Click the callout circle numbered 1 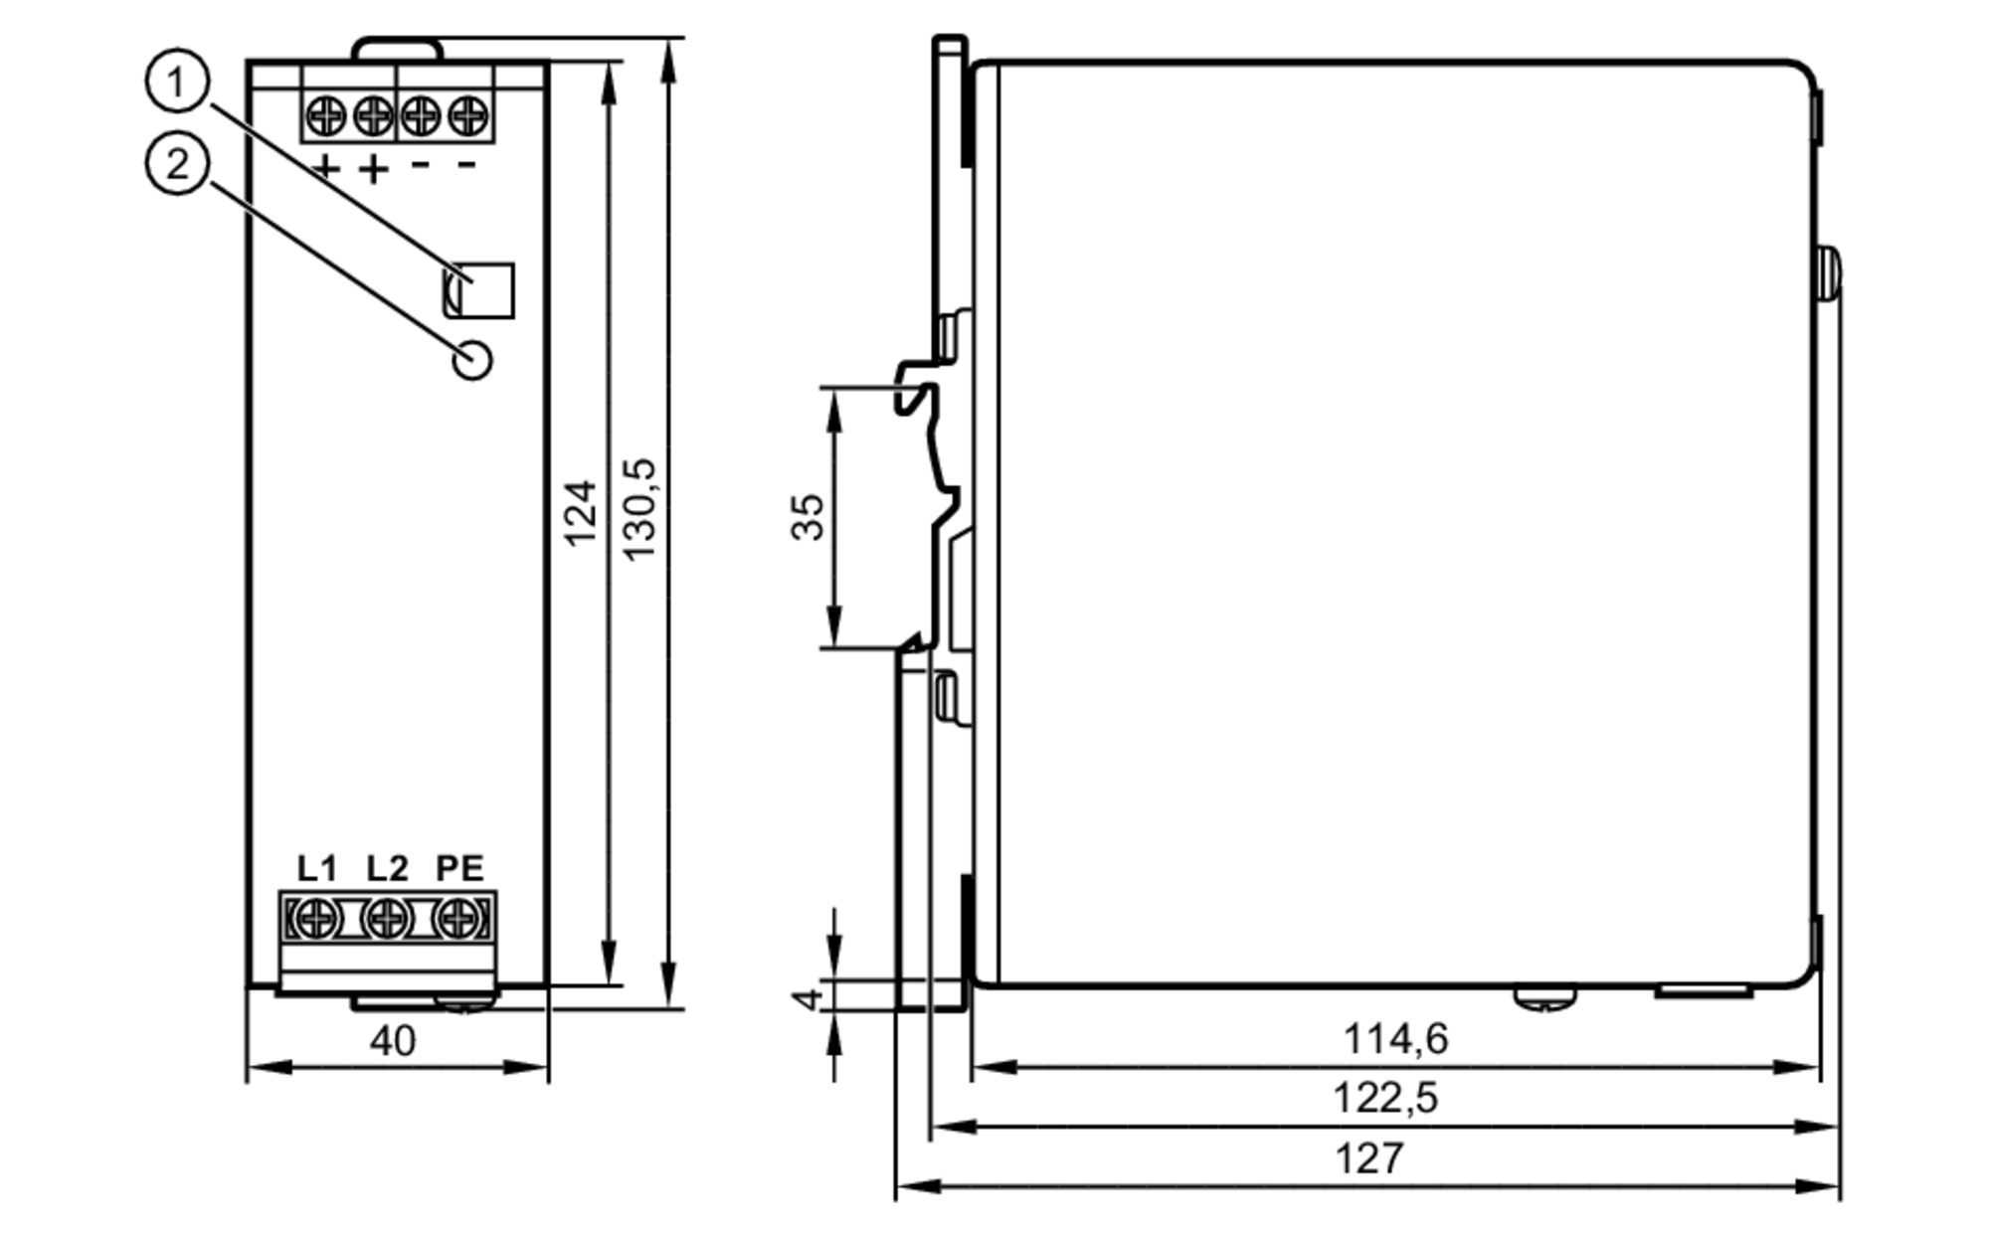coord(177,83)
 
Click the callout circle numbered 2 coord(177,164)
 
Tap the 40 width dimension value coord(393,1041)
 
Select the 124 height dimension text coord(581,512)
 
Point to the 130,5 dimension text coord(639,509)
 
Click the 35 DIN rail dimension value coord(809,516)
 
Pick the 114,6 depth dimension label coord(1395,1039)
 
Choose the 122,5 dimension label coord(1384,1099)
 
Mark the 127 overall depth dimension coord(1369,1158)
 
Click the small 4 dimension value coord(811,995)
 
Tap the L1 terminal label coord(317,868)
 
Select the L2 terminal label coord(387,868)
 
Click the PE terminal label coord(459,868)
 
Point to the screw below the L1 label coord(315,918)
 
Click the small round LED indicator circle coord(472,360)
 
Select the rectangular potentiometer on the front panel coord(479,289)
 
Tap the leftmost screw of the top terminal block coord(326,116)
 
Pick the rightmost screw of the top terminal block coord(467,116)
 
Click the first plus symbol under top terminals coord(325,168)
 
